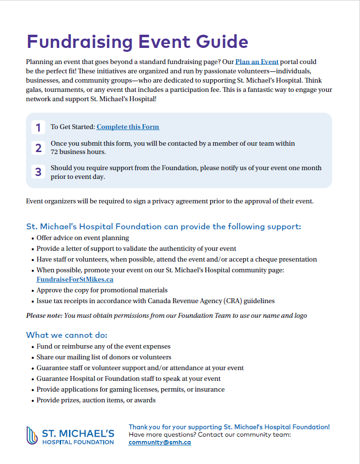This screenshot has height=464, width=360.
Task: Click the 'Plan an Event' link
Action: (257, 62)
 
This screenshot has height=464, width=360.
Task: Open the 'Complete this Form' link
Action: (128, 127)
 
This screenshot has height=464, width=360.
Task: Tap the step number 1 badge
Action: (38, 128)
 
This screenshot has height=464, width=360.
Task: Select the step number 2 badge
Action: (38, 148)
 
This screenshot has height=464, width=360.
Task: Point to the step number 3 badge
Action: (38, 172)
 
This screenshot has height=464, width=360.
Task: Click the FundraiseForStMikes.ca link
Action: (75, 280)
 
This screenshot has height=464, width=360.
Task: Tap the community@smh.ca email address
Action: (159, 442)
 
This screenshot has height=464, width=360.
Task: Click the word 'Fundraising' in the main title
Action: (79, 42)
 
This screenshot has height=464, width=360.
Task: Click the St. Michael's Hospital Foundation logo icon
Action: (32, 435)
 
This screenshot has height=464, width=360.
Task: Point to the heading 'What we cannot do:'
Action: (67, 335)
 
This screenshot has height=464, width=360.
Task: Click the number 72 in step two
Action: (55, 152)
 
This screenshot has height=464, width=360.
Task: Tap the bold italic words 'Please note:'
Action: (44, 315)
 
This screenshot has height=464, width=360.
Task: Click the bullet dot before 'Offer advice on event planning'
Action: (32, 238)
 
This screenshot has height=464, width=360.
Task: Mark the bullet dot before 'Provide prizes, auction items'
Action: (32, 400)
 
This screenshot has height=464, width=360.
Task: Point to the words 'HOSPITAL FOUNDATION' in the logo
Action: (78, 442)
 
